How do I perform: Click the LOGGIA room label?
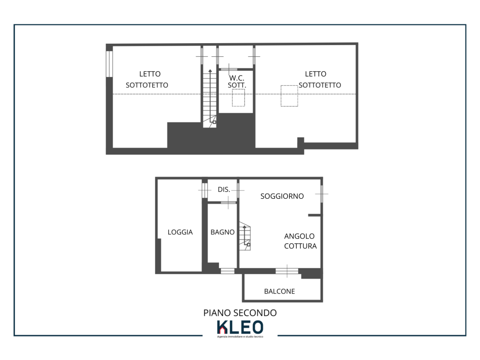click(x=180, y=232)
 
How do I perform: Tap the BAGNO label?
click(x=223, y=232)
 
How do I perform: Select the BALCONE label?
click(x=279, y=291)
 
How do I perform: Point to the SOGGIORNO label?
click(x=282, y=196)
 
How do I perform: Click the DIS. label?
click(x=224, y=189)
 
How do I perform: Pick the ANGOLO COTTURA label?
click(x=300, y=241)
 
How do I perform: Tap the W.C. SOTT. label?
click(x=237, y=82)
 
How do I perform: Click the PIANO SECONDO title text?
click(x=240, y=313)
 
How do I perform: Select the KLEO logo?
click(x=240, y=329)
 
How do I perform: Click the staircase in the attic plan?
click(x=210, y=98)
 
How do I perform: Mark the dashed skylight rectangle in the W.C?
click(x=239, y=97)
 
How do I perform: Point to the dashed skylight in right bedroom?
click(x=289, y=96)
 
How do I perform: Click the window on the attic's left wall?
click(x=109, y=64)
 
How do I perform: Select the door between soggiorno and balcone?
click(x=287, y=271)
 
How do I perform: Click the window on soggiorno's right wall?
click(x=322, y=194)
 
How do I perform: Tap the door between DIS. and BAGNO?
click(x=228, y=202)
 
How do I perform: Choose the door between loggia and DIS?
click(x=204, y=190)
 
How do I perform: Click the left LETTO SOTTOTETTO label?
click(x=147, y=79)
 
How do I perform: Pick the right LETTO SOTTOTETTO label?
click(x=320, y=79)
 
